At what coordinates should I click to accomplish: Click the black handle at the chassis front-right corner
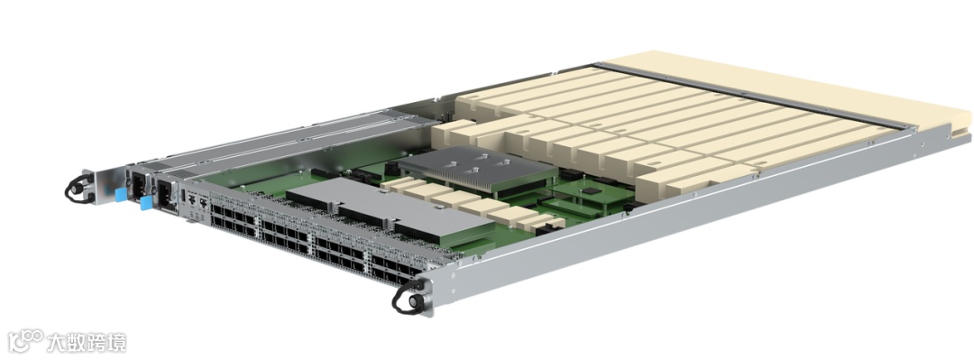pos(409,297)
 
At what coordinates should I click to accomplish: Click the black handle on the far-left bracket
pos(78,189)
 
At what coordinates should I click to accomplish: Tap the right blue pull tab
pos(147,203)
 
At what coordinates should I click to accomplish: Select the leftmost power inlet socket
pos(137,183)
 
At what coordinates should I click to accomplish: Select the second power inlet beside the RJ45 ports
pos(165,193)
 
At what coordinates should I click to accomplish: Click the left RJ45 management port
pos(193,201)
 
